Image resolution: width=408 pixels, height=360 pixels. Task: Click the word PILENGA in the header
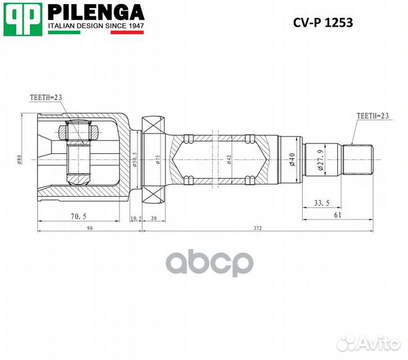[95, 12]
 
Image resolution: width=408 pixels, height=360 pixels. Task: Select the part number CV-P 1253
[323, 23]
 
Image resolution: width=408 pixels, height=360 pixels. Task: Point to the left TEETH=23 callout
[46, 97]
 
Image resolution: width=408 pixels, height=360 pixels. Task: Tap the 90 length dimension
[89, 228]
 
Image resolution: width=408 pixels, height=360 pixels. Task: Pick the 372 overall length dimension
[257, 228]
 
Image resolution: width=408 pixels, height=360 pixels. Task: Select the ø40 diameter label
[293, 160]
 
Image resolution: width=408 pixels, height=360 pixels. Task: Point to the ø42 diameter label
[229, 160]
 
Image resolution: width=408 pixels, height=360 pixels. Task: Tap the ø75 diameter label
[158, 160]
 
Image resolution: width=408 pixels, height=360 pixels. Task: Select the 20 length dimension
[154, 217]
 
